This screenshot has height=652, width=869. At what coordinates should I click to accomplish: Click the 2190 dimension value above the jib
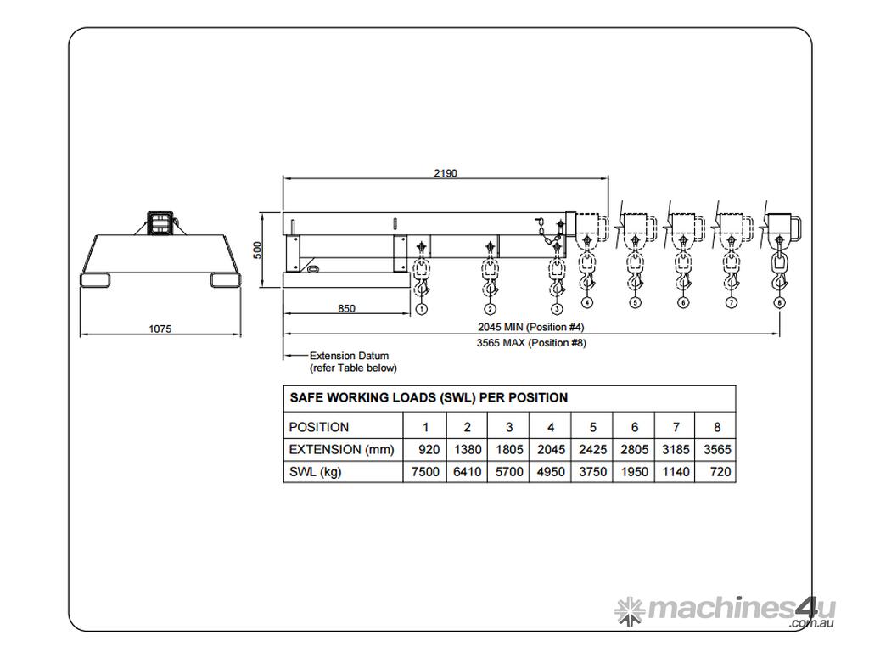(x=446, y=173)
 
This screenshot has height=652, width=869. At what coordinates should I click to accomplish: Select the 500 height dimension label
(x=257, y=250)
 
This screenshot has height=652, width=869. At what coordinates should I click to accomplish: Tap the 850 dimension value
(x=346, y=309)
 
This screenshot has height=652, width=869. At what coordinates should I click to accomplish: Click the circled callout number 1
(x=422, y=310)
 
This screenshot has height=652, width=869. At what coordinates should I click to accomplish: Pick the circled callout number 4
(x=587, y=302)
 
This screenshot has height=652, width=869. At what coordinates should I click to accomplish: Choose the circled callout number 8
(x=779, y=302)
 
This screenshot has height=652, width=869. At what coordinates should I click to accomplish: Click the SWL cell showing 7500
(x=424, y=472)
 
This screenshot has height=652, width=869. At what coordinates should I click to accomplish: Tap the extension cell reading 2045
(x=551, y=449)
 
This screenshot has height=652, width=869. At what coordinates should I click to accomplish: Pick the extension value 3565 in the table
(x=717, y=449)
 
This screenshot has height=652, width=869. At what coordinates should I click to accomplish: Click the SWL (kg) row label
(x=316, y=472)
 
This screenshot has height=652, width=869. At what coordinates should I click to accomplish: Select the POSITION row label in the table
(x=319, y=427)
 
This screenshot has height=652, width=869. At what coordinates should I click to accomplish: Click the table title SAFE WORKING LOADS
(x=429, y=397)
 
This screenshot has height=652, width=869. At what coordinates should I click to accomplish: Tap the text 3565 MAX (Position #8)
(x=531, y=343)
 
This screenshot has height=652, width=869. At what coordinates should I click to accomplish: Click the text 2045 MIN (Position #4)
(x=531, y=327)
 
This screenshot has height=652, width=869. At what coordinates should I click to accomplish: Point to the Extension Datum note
(x=352, y=362)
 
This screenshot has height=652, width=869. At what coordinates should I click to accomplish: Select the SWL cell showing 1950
(x=634, y=472)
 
